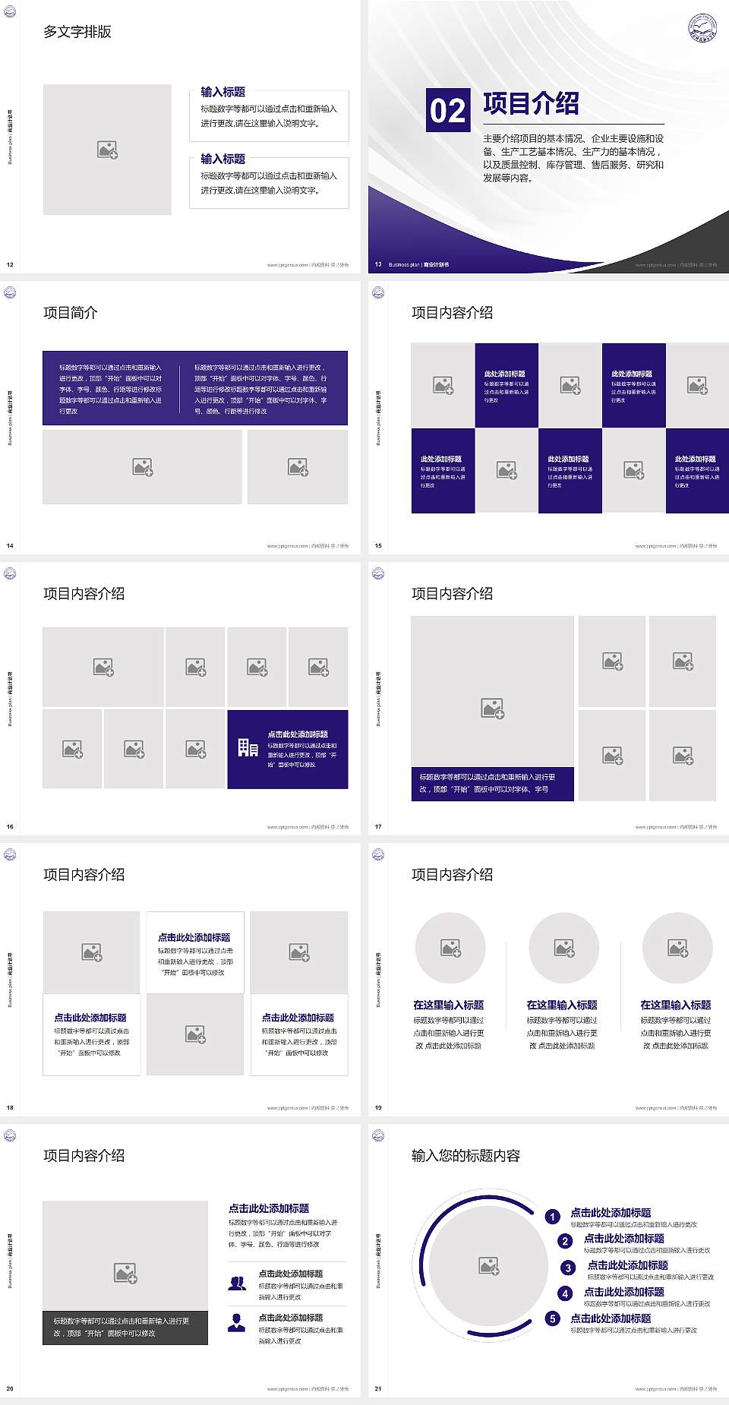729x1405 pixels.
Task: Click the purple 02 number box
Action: (447, 110)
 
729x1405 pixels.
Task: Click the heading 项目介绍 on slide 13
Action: (531, 103)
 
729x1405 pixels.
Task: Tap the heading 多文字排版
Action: (77, 32)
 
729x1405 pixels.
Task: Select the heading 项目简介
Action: (71, 313)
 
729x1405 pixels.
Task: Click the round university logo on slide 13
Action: (702, 28)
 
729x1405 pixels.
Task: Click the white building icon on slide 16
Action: (248, 748)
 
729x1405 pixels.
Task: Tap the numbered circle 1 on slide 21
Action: (553, 1217)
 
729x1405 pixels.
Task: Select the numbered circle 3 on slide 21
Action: (568, 1268)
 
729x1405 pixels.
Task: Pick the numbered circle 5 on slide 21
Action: (553, 1318)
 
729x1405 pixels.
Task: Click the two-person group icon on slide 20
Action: (237, 1283)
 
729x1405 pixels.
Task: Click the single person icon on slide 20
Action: (237, 1323)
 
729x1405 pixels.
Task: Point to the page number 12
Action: (10, 264)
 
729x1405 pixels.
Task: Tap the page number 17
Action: (378, 826)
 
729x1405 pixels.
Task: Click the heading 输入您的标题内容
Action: (465, 1156)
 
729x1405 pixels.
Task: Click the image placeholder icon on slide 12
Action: (107, 150)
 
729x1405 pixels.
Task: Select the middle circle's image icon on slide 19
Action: (563, 948)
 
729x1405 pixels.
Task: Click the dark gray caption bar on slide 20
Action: (125, 1327)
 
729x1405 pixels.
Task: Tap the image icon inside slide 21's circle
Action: (489, 1265)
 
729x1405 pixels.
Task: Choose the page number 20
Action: (10, 1388)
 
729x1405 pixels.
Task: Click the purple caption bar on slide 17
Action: (492, 783)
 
